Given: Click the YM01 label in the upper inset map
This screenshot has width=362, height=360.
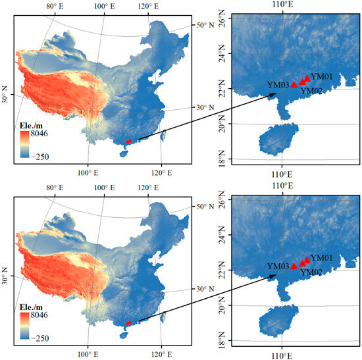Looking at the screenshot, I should [x=322, y=76].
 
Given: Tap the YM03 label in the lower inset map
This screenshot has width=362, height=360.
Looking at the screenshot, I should [x=278, y=266].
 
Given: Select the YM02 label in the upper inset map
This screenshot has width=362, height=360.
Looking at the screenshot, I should [x=311, y=91].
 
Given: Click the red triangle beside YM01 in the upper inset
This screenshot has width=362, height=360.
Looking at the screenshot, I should [x=307, y=78].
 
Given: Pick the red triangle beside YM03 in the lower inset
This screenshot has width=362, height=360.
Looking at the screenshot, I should [x=294, y=266].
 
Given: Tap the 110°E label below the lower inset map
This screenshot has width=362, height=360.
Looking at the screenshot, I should [x=283, y=353].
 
